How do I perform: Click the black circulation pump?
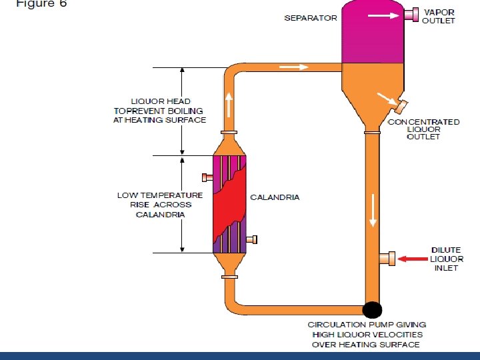point(372,309)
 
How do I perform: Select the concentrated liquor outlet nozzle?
point(400,106)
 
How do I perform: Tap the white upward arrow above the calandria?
point(229,104)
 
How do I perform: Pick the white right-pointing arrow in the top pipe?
point(294,67)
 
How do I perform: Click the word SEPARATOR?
point(311,18)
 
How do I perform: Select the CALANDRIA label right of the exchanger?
point(275,197)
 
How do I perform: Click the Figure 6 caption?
point(41,3)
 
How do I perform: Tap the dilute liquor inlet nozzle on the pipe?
point(387,257)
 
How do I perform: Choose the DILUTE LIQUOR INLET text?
point(445,259)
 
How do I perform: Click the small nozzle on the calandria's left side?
point(207,177)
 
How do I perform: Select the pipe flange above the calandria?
point(229,133)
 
